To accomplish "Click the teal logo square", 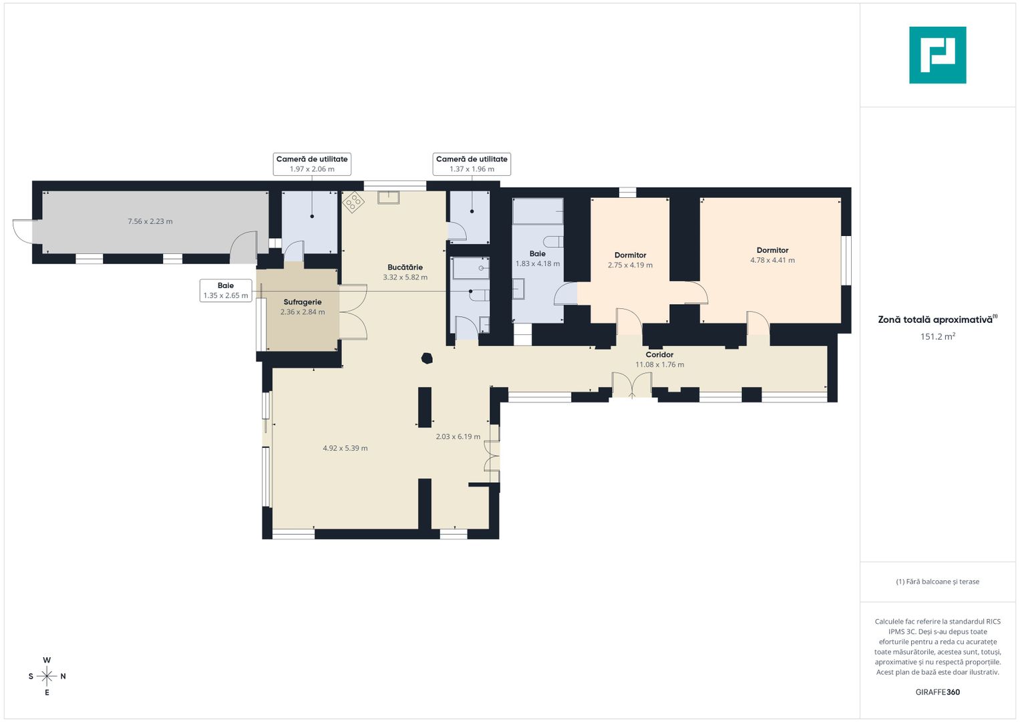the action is [938, 55].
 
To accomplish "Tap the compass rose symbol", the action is [47, 676].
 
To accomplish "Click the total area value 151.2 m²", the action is [938, 336].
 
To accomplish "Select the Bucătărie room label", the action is [405, 267].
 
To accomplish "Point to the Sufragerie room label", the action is [303, 302].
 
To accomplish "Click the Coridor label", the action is [659, 354].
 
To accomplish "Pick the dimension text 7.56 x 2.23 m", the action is [150, 221].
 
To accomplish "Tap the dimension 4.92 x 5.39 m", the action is [345, 448].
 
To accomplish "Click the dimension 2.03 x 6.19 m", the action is [458, 436].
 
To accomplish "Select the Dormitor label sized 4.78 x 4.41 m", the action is [772, 250].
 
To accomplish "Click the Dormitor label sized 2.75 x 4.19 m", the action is [630, 255].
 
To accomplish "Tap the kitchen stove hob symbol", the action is [353, 202].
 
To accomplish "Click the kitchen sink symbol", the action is [388, 197].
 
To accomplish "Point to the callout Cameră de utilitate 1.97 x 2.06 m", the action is [312, 164].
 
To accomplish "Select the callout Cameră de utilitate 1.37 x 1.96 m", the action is [472, 164].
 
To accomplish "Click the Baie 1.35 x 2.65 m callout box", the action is [226, 290].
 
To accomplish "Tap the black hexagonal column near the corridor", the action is [427, 358].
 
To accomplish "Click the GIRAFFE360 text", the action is [938, 692].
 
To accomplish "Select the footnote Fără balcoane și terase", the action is [938, 582].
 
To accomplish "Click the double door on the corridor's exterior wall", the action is [632, 385].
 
